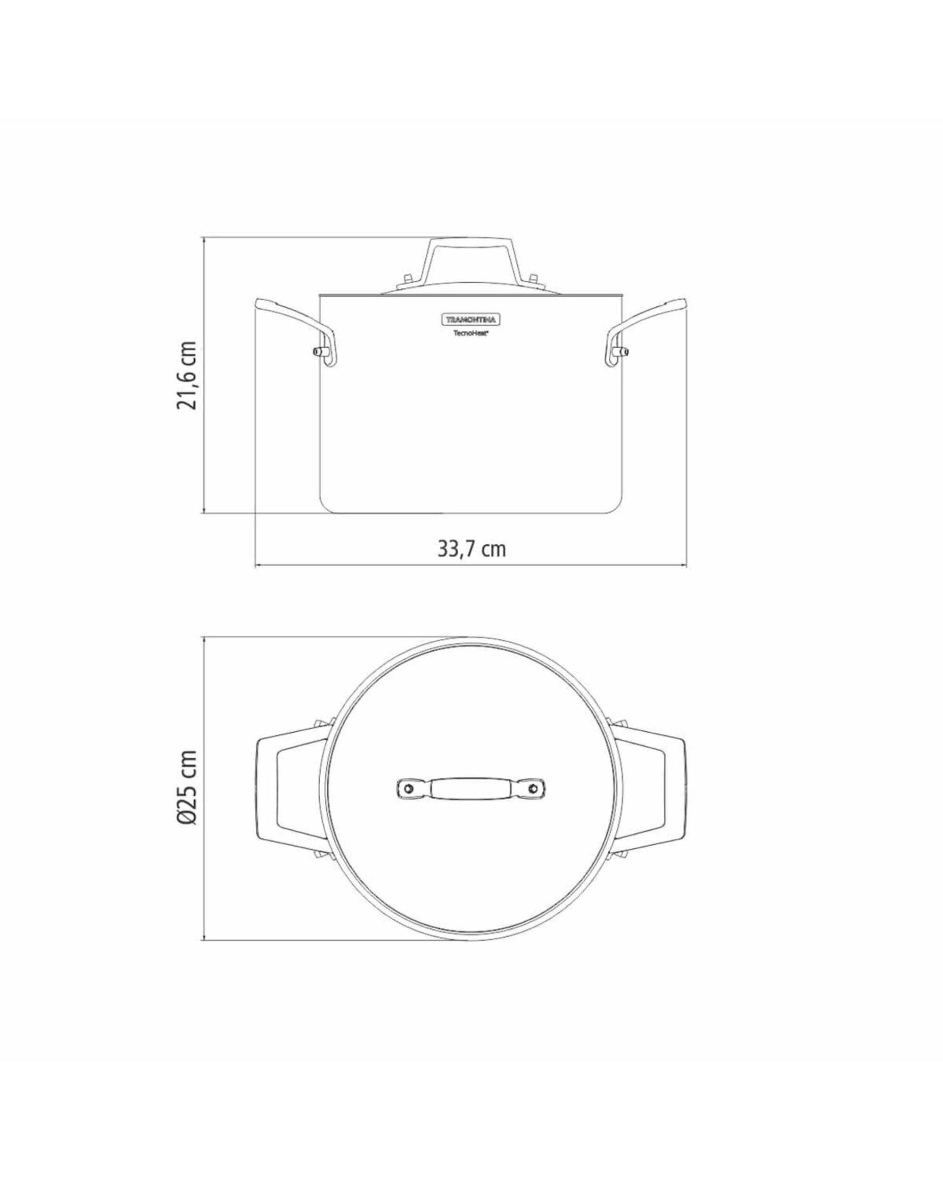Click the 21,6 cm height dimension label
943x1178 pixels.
click(186, 376)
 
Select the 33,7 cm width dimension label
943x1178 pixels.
click(471, 548)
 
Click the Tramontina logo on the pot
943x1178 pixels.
click(471, 319)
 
